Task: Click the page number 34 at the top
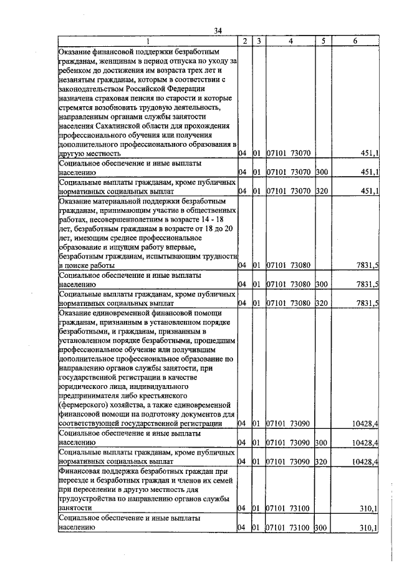(218, 31)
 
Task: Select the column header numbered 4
(291, 41)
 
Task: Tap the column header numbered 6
(355, 41)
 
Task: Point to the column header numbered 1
(148, 41)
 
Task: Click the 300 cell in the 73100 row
(322, 528)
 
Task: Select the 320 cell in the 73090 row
(322, 462)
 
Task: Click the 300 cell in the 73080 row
(322, 285)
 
